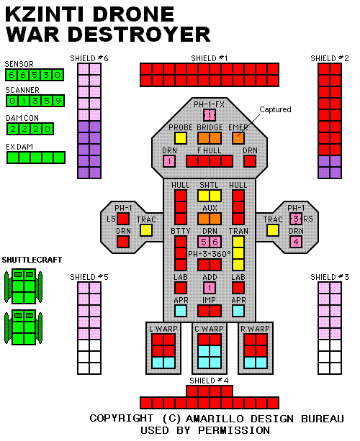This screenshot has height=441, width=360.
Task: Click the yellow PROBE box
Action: [x=181, y=138]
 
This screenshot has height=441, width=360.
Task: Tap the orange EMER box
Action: [x=238, y=138]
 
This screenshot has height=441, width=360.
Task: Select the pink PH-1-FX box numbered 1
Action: [x=210, y=115]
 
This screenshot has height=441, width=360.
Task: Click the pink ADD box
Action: [x=210, y=288]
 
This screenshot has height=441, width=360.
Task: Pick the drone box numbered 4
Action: [x=296, y=242]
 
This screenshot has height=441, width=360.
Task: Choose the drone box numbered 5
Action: [x=204, y=242]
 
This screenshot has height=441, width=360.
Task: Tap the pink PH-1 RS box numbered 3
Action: [x=296, y=219]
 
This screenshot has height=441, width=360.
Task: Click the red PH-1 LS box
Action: [x=123, y=219]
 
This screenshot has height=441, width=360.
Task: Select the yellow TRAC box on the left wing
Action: [x=146, y=230]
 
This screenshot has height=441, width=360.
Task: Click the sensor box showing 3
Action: [x=46, y=75]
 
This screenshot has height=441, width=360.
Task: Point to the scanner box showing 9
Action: [x=58, y=101]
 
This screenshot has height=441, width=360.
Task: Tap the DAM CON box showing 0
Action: [x=48, y=129]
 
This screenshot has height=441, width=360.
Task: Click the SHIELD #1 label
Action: [x=209, y=58]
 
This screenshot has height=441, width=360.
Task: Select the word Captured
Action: [x=275, y=109]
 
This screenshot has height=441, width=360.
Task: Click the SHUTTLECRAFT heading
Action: [x=32, y=260]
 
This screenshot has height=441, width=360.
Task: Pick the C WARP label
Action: [x=209, y=329]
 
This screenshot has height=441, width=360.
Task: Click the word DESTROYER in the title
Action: [x=139, y=34]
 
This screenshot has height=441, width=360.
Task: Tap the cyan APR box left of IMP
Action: [x=181, y=311]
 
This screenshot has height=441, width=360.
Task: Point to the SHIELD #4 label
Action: [x=209, y=381]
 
